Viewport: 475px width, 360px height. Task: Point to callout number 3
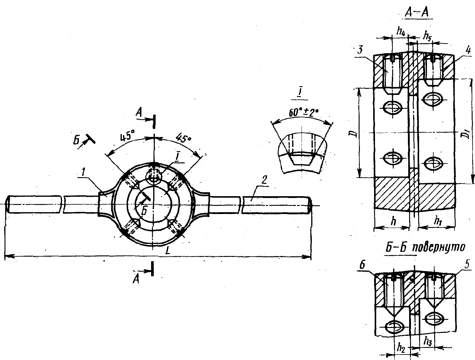360,50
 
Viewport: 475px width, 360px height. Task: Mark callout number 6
362,266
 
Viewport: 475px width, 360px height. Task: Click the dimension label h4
401,32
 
